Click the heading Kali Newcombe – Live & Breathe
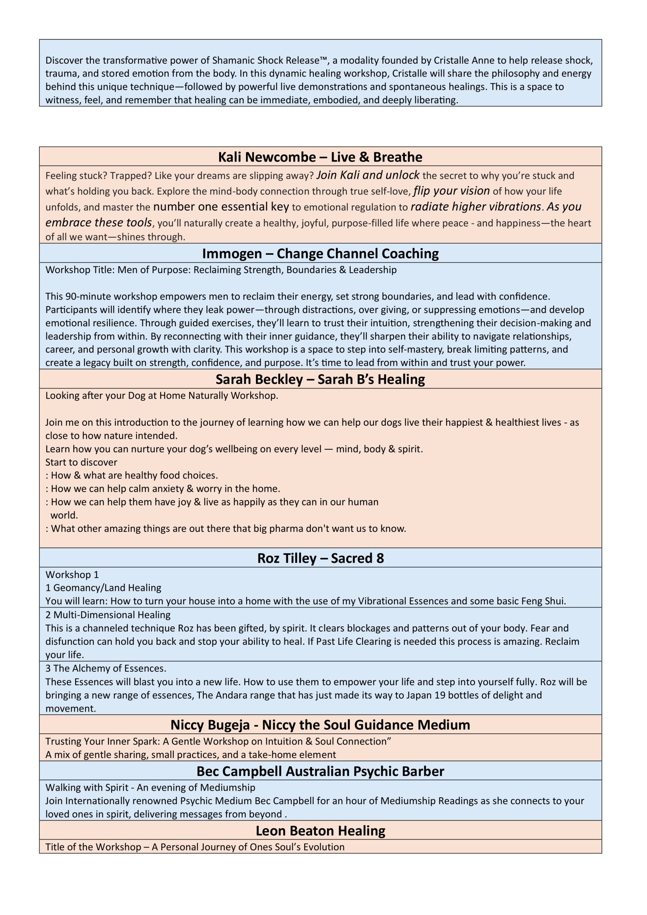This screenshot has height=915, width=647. pyautogui.click(x=320, y=157)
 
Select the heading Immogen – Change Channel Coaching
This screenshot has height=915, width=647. pyautogui.click(x=320, y=253)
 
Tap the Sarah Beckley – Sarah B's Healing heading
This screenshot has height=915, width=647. pyautogui.click(x=320, y=379)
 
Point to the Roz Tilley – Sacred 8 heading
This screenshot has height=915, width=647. pyautogui.click(x=320, y=558)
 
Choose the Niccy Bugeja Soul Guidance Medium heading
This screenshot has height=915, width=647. pyautogui.click(x=320, y=724)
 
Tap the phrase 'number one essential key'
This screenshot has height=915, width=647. pyautogui.click(x=221, y=207)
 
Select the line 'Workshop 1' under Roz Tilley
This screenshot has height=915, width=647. pyautogui.click(x=72, y=575)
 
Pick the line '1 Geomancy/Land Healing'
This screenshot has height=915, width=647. pyautogui.click(x=103, y=588)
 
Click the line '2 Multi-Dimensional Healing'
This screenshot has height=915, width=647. pyautogui.click(x=108, y=615)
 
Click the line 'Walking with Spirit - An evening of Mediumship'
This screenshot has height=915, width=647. pyautogui.click(x=150, y=787)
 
